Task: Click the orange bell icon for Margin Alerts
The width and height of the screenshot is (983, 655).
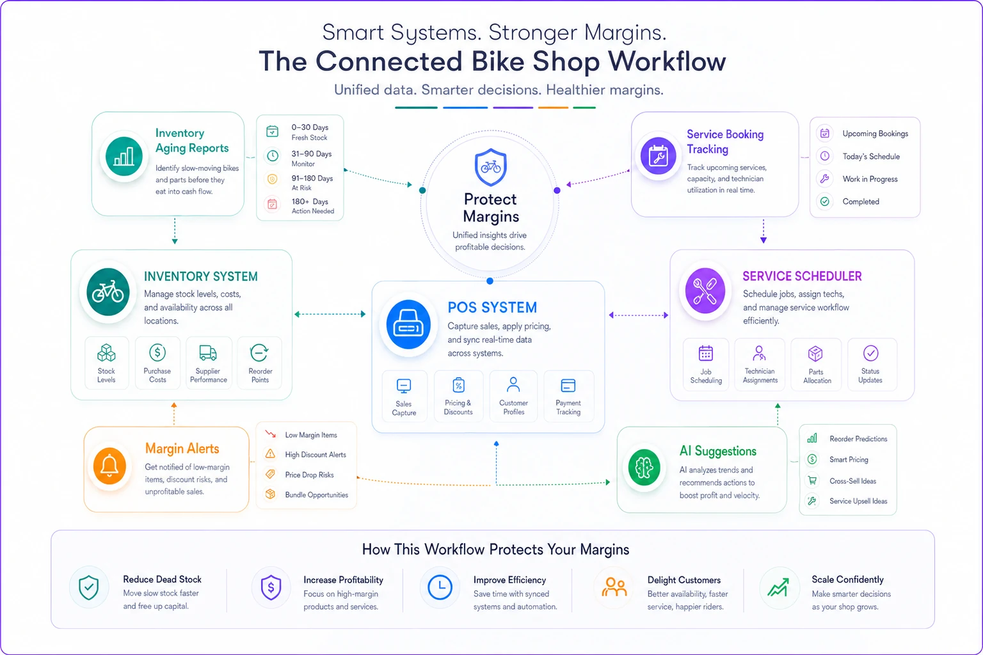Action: [109, 466]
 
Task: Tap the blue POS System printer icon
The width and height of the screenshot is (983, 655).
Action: [408, 325]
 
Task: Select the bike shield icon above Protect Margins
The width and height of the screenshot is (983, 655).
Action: [491, 167]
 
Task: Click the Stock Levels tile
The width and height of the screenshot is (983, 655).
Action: [107, 363]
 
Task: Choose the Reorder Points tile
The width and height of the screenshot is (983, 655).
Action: [260, 363]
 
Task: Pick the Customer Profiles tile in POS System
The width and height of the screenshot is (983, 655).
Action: [513, 396]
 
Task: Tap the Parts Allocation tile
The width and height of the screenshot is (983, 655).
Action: [816, 364]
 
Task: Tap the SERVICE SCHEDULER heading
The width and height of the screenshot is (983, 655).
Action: [802, 276]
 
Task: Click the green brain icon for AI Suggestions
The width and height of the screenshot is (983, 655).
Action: [644, 468]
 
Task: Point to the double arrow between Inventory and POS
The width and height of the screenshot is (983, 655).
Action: [330, 314]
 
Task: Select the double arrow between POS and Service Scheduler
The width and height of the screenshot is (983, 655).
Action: [639, 315]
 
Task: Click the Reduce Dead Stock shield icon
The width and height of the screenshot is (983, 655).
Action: [89, 587]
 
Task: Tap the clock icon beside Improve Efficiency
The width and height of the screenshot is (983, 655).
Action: [440, 587]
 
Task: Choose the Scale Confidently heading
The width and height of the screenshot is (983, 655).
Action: [847, 579]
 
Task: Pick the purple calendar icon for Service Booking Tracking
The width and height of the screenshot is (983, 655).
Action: [658, 155]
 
